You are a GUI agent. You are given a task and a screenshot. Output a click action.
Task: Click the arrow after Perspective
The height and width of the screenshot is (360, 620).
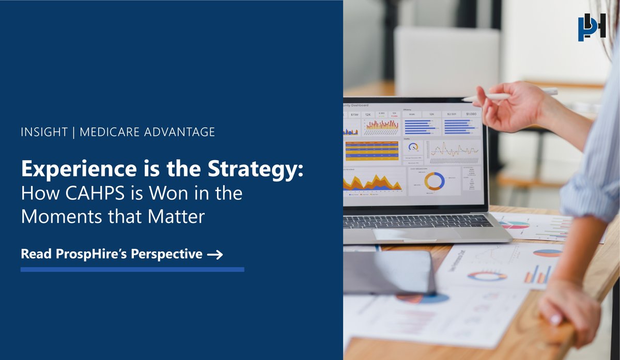tap(214, 255)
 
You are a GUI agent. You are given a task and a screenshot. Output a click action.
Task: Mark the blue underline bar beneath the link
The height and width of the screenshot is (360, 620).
tap(132, 269)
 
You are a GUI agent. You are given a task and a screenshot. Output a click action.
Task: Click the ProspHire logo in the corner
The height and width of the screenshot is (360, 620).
tap(592, 28)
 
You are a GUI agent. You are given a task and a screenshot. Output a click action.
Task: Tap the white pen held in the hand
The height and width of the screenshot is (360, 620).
tap(509, 95)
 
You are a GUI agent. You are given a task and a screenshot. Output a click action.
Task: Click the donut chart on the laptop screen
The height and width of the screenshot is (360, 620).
tap(434, 181)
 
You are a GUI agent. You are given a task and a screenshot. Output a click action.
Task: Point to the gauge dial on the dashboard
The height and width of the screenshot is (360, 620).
tap(413, 147)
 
